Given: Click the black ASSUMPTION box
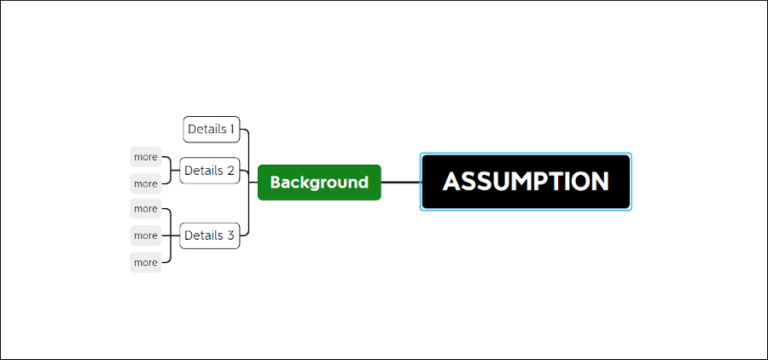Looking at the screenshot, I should click(525, 182).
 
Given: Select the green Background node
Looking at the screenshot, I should click(319, 183).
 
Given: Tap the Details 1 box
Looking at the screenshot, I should click(211, 129).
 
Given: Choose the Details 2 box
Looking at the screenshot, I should click(209, 171).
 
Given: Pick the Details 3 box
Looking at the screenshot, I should click(209, 236).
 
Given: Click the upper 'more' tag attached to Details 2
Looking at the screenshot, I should click(146, 157).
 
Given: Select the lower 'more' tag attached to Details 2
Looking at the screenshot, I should click(146, 184).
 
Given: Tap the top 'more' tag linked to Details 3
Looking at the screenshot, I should click(146, 209).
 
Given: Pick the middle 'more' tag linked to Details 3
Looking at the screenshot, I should click(146, 236).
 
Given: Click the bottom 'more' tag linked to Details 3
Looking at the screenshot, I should click(146, 263).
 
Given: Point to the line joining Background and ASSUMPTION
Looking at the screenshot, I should click(400, 183).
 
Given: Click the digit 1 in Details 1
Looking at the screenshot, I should click(232, 129).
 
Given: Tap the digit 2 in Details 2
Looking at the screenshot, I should click(230, 171).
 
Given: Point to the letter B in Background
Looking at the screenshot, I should click(276, 183).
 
